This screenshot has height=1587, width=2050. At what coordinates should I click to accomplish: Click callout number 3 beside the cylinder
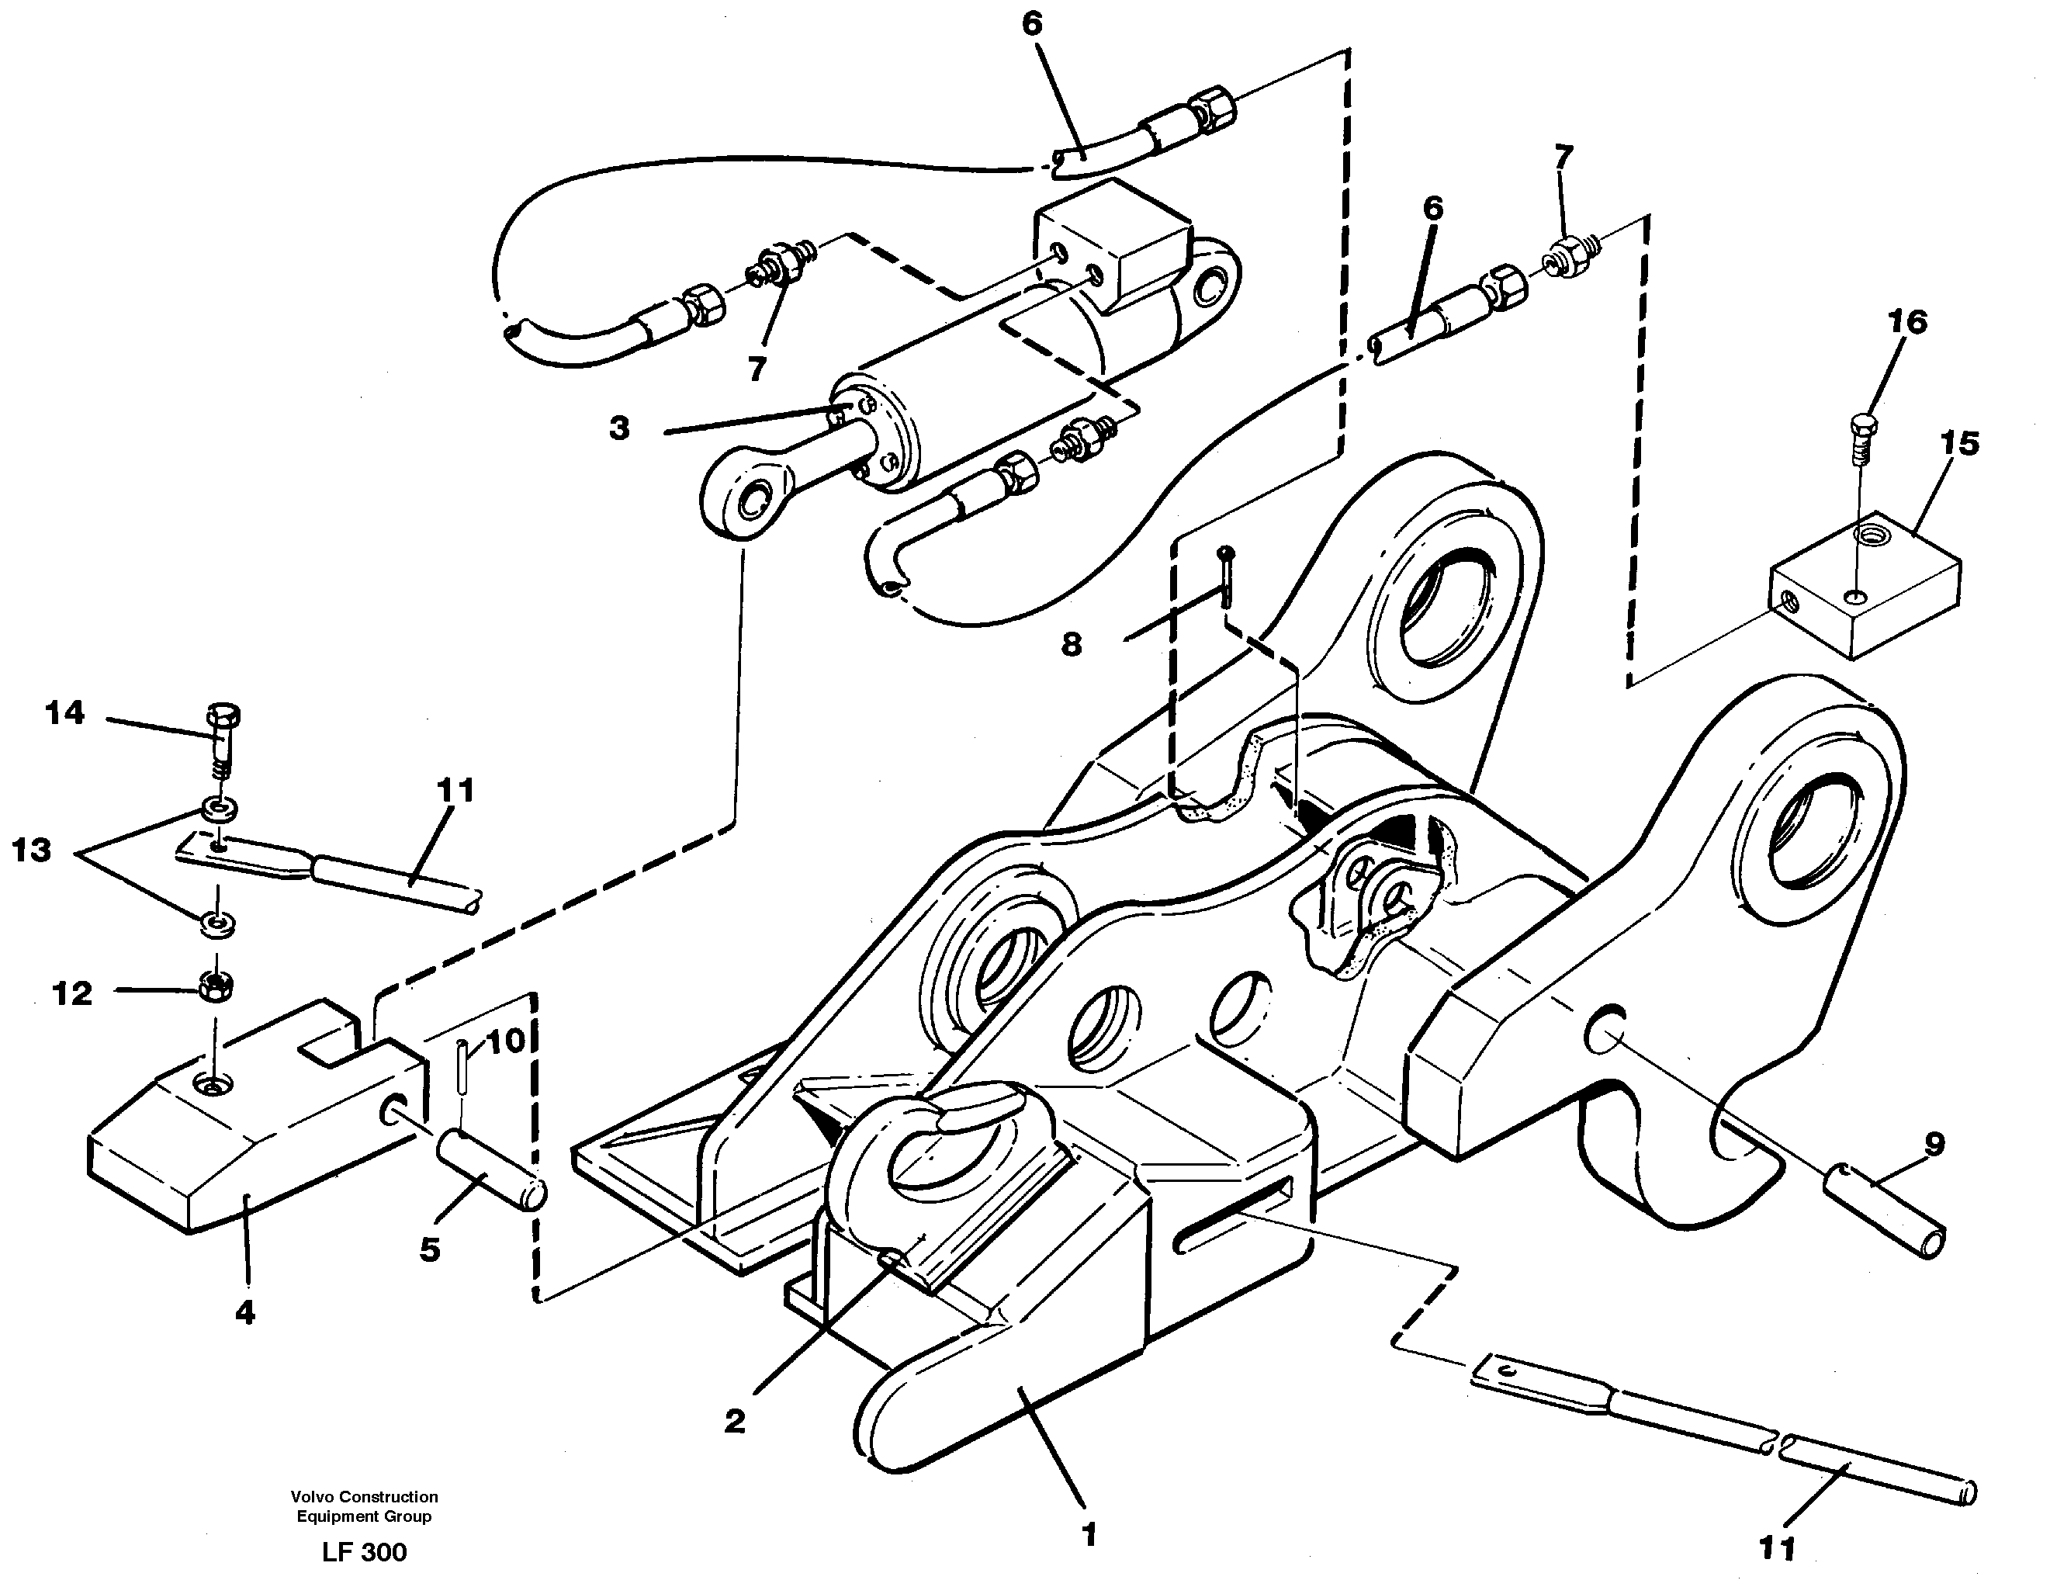coord(619,429)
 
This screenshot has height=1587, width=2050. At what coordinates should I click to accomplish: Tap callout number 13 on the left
coord(31,851)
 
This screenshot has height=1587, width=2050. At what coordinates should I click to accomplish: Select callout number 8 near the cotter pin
coord(1071,644)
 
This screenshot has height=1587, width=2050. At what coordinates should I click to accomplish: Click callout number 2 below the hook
coord(734,1421)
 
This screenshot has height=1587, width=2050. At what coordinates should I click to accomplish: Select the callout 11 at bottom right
coord(1776,1547)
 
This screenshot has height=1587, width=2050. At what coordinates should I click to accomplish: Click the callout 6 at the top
coord(1031,23)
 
